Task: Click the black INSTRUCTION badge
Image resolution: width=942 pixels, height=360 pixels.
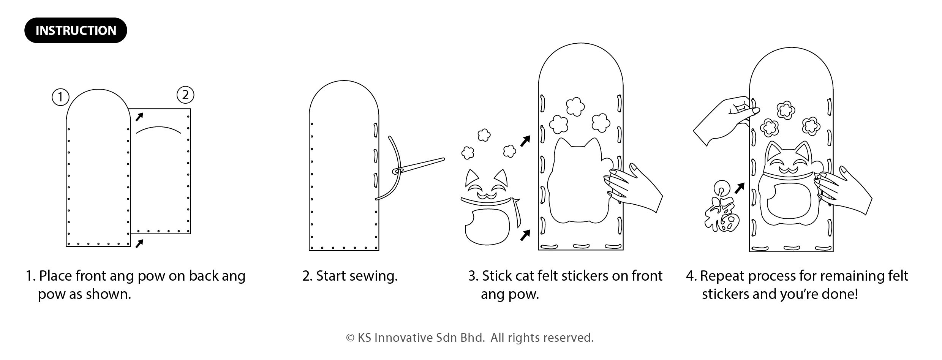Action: coord(76,30)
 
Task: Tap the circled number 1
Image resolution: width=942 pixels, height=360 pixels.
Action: coord(60,98)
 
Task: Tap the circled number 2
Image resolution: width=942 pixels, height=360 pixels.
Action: coord(185,95)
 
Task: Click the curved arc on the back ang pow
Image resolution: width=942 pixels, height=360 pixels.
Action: coord(158,129)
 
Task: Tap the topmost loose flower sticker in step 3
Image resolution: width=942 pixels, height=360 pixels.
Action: coord(484,135)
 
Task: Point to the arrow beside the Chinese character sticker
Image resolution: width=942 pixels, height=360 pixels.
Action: coord(739,188)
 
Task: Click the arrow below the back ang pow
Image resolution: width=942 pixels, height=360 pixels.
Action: coord(139,243)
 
